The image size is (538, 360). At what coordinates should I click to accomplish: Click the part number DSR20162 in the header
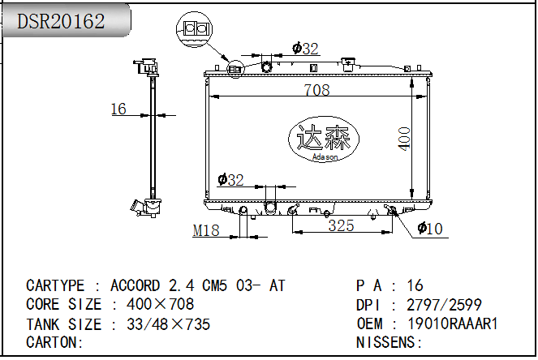tap(61, 21)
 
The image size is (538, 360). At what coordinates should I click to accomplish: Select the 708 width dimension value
tap(317, 90)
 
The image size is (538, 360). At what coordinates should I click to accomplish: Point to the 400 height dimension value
tap(404, 139)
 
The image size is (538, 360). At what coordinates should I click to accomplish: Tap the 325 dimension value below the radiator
tap(341, 225)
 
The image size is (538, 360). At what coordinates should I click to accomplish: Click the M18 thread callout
tap(206, 230)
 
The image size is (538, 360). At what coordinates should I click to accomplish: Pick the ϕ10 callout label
tap(430, 229)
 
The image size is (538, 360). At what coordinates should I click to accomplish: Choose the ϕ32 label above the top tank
tap(305, 49)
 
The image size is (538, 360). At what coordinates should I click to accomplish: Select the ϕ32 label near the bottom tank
tap(230, 180)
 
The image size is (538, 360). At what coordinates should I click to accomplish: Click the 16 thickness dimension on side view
tap(118, 109)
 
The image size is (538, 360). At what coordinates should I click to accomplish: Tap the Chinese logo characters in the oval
tap(323, 137)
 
